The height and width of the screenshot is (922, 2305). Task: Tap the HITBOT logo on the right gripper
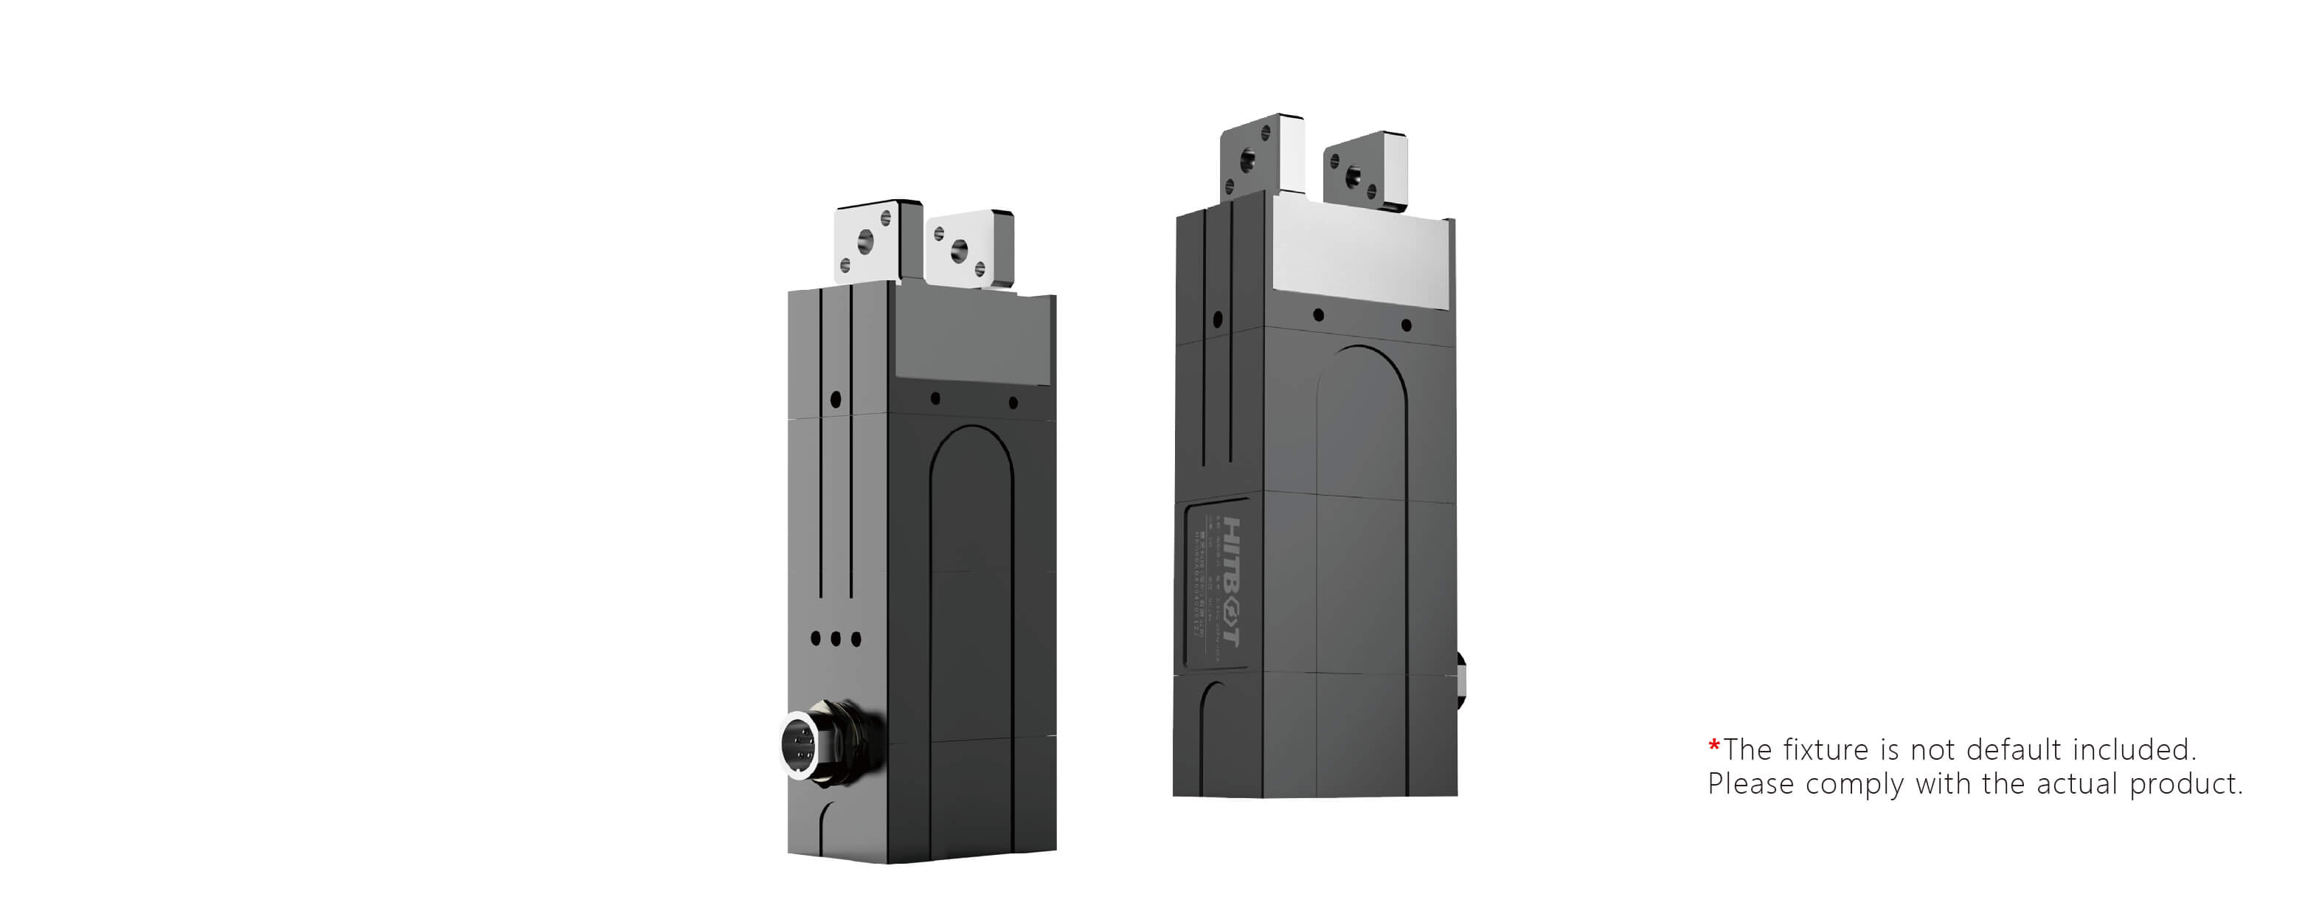coord(1231,581)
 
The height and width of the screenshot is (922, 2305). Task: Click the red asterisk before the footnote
coord(1713,746)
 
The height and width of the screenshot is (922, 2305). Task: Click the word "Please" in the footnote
coord(1750,784)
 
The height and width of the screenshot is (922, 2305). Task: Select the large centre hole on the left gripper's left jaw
coord(864,240)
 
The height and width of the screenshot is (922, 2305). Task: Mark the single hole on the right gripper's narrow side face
coord(1216,319)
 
